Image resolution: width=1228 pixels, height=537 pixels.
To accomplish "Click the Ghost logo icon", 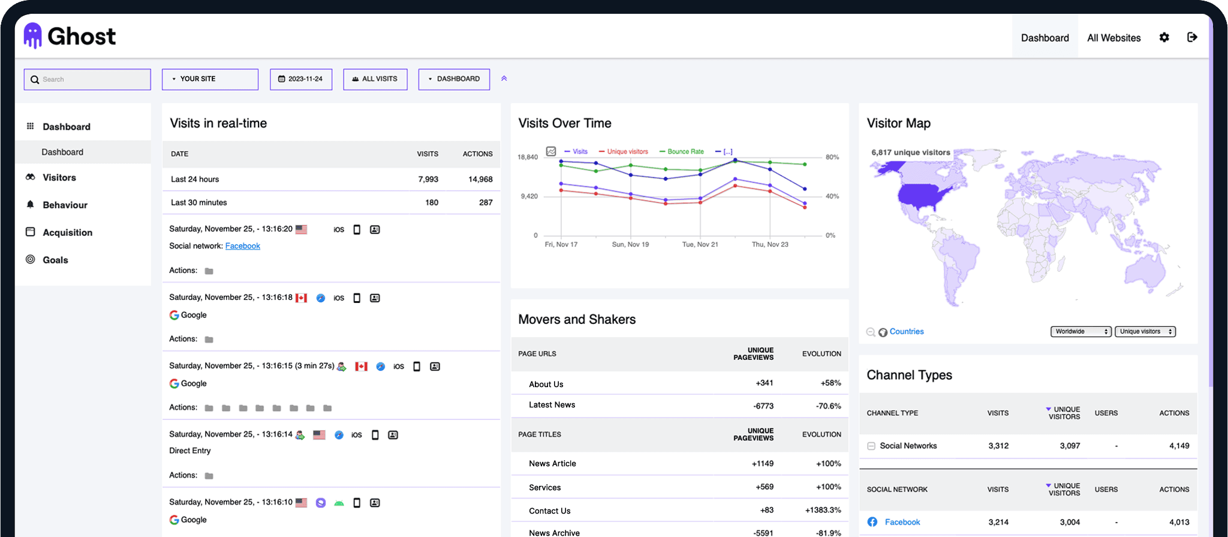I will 33,36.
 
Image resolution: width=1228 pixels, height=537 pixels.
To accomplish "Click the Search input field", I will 88,79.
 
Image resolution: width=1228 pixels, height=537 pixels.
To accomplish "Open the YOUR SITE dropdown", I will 210,79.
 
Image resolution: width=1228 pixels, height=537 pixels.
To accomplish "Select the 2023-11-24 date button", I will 301,79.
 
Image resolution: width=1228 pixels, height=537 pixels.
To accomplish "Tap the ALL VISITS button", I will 375,79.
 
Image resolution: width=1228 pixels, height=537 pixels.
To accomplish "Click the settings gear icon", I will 1164,37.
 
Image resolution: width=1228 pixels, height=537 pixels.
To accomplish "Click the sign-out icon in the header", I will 1192,37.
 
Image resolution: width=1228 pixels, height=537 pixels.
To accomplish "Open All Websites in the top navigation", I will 1113,38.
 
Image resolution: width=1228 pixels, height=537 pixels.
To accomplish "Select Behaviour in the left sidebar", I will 65,205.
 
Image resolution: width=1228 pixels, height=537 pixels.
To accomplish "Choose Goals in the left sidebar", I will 55,260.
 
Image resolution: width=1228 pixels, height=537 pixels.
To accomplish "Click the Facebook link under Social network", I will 242,246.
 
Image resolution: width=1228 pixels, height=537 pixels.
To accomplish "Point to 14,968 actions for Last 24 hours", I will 480,179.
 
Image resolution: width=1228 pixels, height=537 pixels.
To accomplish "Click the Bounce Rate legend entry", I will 685,152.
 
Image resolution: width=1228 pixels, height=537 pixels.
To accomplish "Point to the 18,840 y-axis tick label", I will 528,157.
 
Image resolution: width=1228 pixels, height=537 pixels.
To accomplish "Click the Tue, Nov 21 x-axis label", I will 700,244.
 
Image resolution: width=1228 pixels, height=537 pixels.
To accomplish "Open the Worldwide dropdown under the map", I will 1080,332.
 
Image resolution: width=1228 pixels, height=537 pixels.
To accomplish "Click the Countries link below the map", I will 906,332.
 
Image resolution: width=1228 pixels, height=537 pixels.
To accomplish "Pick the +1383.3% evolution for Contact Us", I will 823,510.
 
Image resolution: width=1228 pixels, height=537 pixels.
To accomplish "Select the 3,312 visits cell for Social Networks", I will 998,446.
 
